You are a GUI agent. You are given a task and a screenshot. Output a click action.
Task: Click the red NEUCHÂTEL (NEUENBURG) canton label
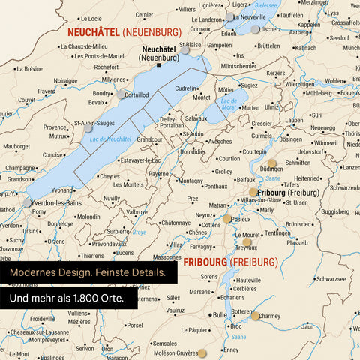tap(124, 32)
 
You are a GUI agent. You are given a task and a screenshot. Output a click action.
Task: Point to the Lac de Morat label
tap(229, 103)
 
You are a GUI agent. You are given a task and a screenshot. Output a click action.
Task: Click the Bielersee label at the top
tap(265, 4)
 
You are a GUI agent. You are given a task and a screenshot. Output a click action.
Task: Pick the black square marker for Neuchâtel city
tap(159, 65)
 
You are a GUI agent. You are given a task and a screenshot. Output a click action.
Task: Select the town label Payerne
tap(158, 174)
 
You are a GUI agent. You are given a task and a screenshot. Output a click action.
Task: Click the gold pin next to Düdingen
tap(271, 163)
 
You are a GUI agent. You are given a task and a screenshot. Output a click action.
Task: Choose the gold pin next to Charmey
tap(255, 316)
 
